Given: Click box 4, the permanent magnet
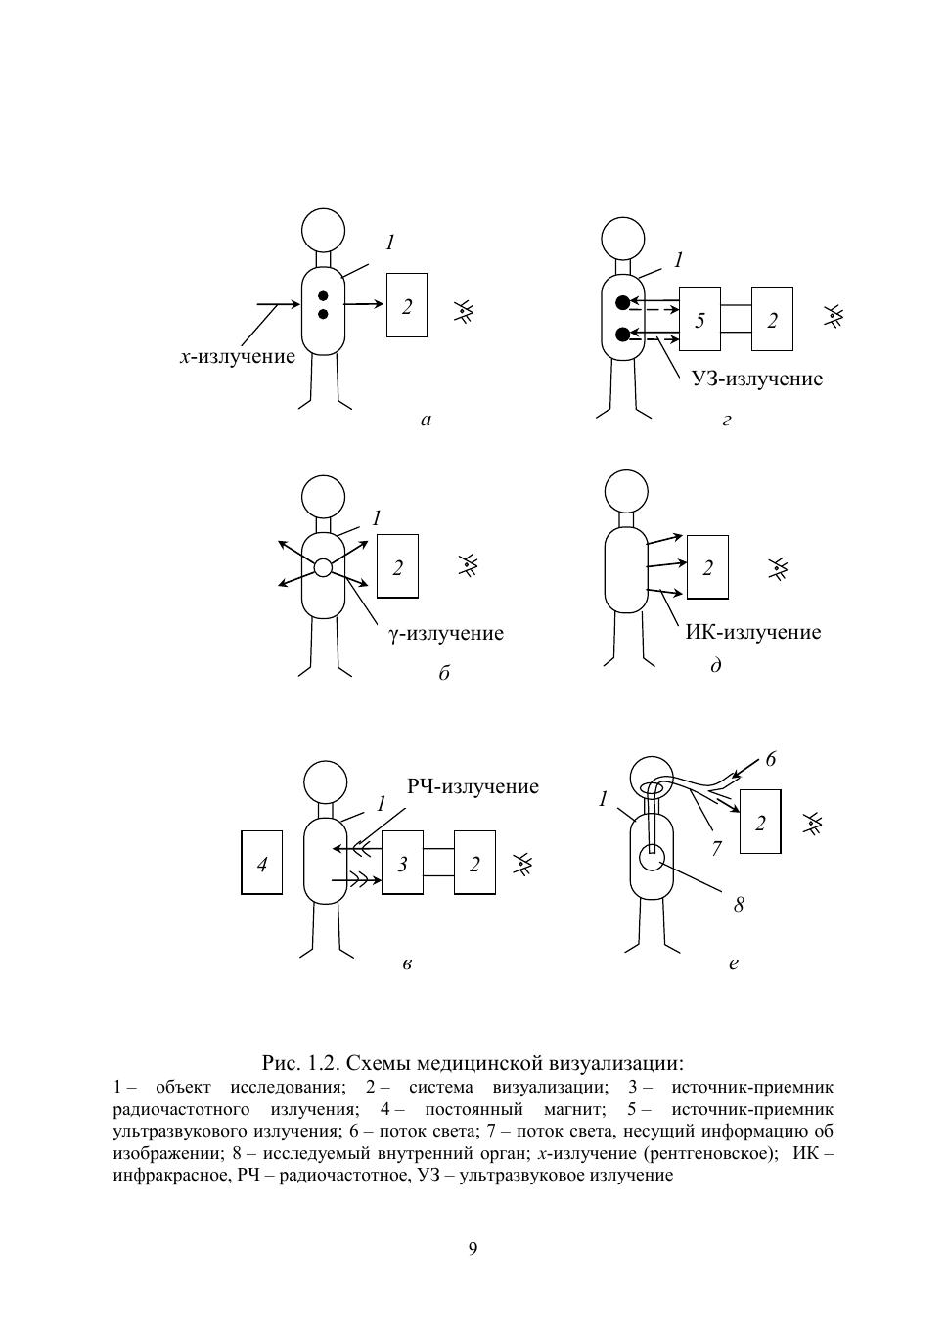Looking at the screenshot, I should click(261, 863).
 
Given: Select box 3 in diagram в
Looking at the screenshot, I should click(402, 863).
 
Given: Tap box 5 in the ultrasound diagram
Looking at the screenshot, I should click(699, 320).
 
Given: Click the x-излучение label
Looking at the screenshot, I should click(237, 357).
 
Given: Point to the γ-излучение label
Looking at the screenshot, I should click(446, 633).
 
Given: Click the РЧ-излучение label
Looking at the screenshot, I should click(473, 786).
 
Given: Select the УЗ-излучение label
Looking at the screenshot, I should click(757, 379).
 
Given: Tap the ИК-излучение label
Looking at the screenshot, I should click(752, 632).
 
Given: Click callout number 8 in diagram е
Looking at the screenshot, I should click(739, 905).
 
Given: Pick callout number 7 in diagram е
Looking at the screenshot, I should click(716, 848).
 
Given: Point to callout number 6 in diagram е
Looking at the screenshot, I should click(771, 759).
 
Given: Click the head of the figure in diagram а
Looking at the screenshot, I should click(323, 230).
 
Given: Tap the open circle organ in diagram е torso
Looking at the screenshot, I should click(652, 857).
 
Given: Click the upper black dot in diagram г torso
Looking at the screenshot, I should click(622, 303).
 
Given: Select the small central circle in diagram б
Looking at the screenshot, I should click(323, 567).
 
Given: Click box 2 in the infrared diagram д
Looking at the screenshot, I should click(707, 567).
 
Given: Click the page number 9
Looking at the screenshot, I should click(473, 1249).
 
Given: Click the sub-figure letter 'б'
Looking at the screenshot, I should click(444, 674).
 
